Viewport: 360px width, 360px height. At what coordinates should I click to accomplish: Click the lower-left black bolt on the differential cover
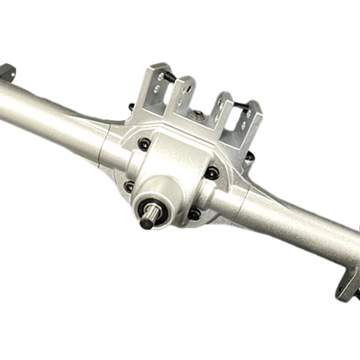click(x=130, y=186)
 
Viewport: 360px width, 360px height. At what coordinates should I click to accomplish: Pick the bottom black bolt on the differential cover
click(x=194, y=214)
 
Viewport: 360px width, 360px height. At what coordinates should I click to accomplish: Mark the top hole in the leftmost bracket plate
click(x=161, y=77)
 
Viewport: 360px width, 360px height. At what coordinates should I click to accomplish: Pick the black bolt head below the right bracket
click(x=250, y=157)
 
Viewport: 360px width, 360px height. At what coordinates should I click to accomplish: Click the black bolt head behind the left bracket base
click(x=131, y=106)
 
